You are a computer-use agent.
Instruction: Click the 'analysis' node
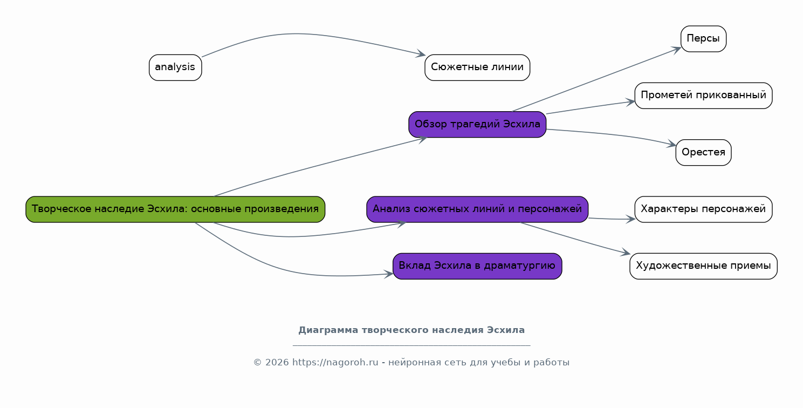click(x=175, y=67)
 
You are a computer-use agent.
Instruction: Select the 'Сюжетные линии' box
click(x=477, y=67)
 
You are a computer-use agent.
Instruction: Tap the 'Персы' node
click(x=703, y=39)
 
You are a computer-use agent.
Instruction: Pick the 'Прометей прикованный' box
click(x=703, y=96)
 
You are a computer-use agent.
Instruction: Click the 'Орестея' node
click(x=703, y=152)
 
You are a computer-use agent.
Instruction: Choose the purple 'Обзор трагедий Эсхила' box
click(x=477, y=125)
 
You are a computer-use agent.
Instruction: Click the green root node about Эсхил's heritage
click(x=175, y=209)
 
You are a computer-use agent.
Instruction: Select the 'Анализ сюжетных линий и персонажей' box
click(x=477, y=209)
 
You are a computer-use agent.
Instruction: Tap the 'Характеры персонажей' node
click(x=703, y=209)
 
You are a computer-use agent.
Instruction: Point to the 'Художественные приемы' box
click(x=703, y=266)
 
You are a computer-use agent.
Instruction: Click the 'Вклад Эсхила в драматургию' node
click(x=477, y=266)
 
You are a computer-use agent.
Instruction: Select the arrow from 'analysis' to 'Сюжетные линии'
click(x=302, y=35)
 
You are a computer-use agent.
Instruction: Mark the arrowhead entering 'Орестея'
click(x=671, y=145)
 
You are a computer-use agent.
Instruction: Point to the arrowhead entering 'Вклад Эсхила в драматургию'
click(x=388, y=274)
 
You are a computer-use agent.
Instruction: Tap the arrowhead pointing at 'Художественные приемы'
click(x=626, y=253)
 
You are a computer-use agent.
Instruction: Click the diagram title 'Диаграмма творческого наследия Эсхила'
click(x=411, y=330)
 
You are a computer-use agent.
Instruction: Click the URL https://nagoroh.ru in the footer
click(x=335, y=362)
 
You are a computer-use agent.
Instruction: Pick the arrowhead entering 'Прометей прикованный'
click(x=630, y=101)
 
